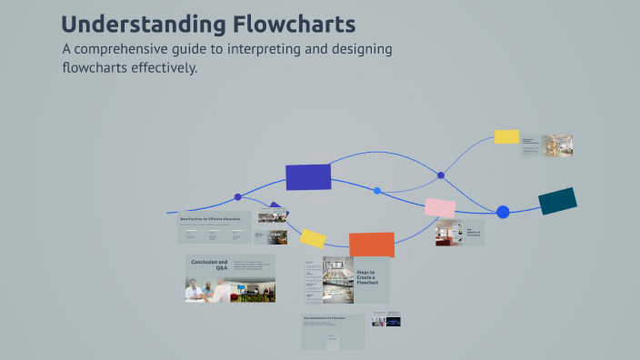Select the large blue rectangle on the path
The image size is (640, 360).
(308, 177)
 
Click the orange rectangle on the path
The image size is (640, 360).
(372, 245)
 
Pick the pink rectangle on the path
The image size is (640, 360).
(440, 208)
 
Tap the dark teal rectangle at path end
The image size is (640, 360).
(557, 201)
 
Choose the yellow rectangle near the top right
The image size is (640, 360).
(506, 136)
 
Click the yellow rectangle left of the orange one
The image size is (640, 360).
(313, 238)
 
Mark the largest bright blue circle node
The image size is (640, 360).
(503, 212)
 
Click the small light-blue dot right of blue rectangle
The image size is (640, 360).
(377, 191)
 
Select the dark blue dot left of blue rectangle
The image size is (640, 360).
(238, 196)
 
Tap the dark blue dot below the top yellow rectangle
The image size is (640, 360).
(441, 175)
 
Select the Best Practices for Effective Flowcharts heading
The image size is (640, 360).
(215, 219)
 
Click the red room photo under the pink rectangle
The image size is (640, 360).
(447, 233)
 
